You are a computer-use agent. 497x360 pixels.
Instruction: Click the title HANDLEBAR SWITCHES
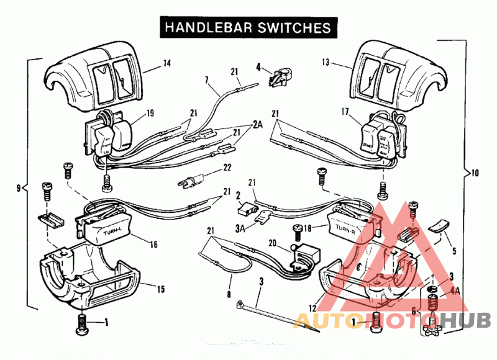(x=247, y=27)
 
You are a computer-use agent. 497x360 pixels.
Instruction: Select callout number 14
(x=166, y=63)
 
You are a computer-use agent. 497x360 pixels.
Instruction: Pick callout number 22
(x=227, y=168)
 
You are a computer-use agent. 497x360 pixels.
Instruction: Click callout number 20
(x=271, y=243)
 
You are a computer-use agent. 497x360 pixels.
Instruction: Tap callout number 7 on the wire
(x=207, y=81)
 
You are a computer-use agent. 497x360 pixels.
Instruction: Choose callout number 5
(x=454, y=251)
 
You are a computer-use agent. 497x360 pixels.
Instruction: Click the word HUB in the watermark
(x=470, y=320)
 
